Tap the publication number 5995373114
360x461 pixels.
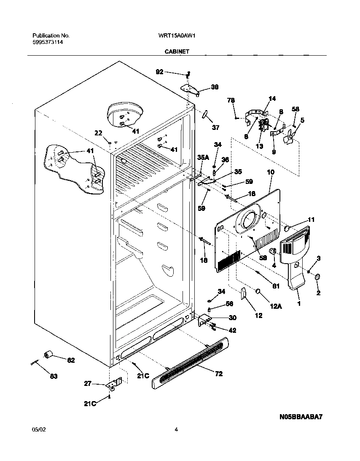coord(48,43)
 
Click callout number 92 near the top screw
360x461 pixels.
coord(159,72)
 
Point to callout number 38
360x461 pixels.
coord(215,87)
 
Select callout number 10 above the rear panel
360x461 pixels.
coord(271,172)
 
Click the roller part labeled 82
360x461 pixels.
coord(48,354)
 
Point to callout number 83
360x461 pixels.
coord(54,376)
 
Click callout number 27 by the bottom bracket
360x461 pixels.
coord(87,383)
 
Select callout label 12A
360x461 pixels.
coord(275,306)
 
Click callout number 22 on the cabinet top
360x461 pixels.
coord(98,133)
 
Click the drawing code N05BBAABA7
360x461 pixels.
coord(301,417)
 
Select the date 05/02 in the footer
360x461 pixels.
coord(38,430)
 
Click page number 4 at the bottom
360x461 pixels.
coord(176,430)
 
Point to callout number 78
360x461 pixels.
coord(231,100)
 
